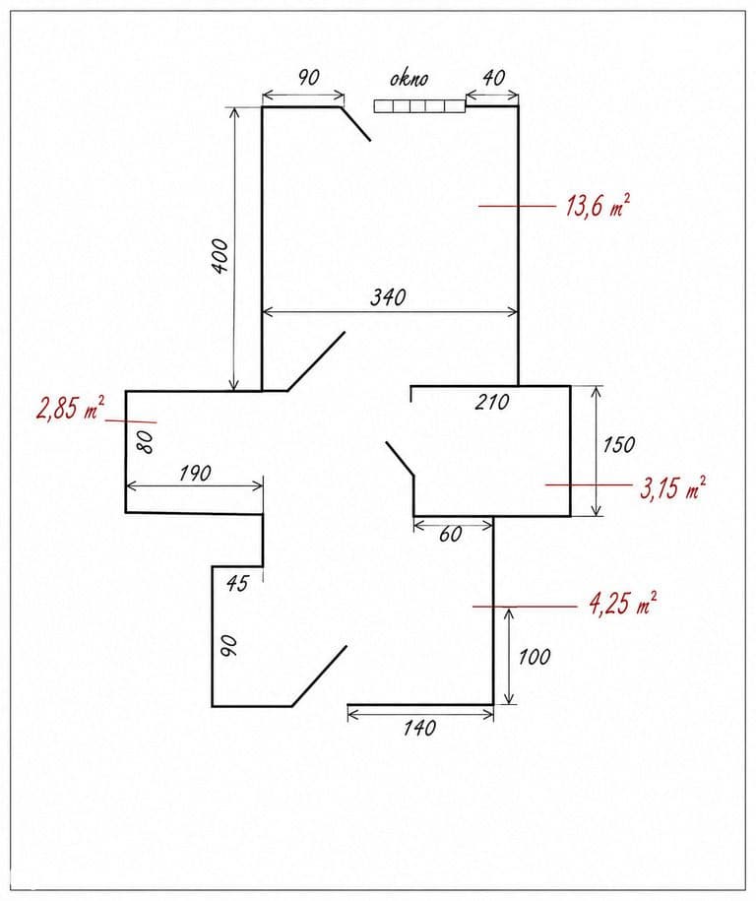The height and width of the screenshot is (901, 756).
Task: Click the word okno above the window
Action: pos(409,78)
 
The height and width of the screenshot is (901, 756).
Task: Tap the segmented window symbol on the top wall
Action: pos(419,105)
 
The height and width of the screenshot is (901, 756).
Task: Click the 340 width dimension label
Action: pos(388,297)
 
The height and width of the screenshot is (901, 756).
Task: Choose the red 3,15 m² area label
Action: pos(672,488)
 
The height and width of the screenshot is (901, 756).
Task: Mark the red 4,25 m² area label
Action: pos(623,604)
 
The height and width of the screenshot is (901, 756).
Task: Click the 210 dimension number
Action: pos(492,402)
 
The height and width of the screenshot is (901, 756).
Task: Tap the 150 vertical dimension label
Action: pos(619,445)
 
